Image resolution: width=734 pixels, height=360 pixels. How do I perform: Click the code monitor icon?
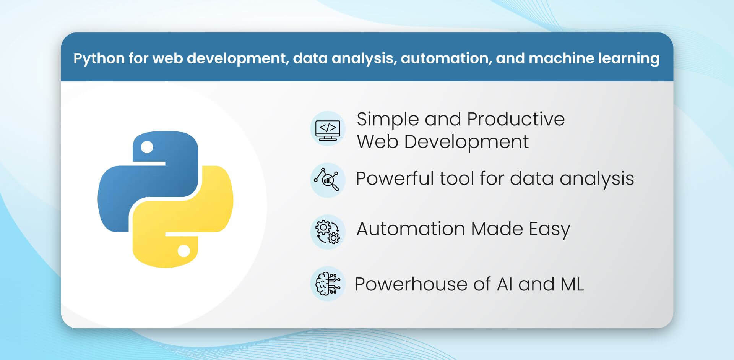point(328,129)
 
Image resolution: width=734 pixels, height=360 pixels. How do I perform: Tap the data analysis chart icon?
point(327,180)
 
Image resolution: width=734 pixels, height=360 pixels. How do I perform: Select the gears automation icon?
point(328,232)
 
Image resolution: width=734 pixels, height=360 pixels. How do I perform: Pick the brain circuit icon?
point(328,284)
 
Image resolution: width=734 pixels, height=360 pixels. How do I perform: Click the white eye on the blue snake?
point(147,147)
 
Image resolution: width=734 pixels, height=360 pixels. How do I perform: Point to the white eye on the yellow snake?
point(184,251)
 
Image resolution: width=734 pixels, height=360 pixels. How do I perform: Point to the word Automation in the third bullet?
point(411,229)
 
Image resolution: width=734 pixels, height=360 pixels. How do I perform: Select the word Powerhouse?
point(411,284)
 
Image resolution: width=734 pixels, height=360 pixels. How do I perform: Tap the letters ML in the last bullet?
point(572,284)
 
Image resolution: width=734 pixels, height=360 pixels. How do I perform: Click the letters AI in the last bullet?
point(505,284)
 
